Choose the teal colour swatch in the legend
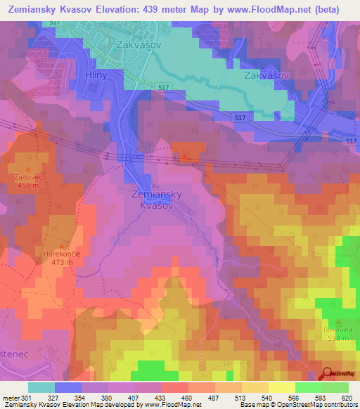[41, 387]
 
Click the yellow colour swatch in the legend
[282, 387]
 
